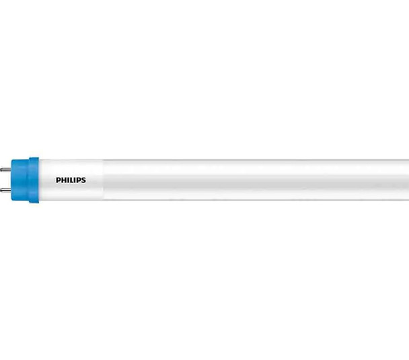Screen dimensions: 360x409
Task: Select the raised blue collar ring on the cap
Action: pyautogui.click(x=34, y=179)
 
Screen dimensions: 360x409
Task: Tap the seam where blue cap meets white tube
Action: pyautogui.click(x=39, y=179)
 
